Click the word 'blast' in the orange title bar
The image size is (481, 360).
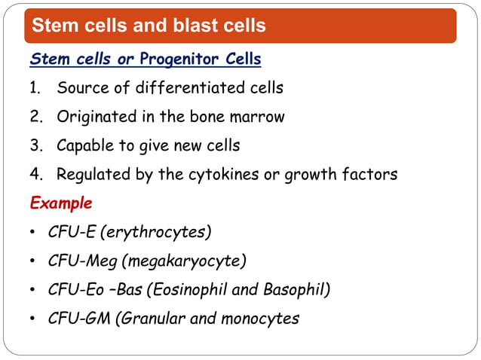pos(179,26)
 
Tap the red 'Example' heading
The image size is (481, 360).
pos(60,203)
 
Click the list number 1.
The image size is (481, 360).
pos(34,88)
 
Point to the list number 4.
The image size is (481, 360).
pos(35,175)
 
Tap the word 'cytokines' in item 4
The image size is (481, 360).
pos(226,175)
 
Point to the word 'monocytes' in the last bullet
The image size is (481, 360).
pos(259,319)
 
